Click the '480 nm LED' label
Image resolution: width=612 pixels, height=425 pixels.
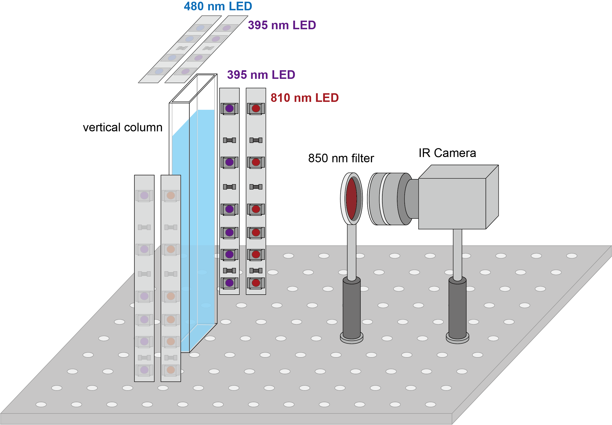(x=218, y=6)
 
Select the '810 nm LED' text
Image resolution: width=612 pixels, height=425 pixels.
(x=305, y=98)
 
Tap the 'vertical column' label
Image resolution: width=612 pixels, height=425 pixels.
(x=123, y=127)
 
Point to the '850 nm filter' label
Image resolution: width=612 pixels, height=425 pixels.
(x=341, y=158)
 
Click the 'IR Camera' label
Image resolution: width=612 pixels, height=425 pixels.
(x=447, y=153)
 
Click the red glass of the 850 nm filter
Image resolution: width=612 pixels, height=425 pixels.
(x=351, y=199)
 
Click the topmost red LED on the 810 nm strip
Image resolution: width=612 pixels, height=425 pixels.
(x=256, y=108)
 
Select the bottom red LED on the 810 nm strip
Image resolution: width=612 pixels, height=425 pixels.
(x=256, y=283)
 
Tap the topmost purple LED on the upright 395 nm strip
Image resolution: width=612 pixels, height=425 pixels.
(x=229, y=108)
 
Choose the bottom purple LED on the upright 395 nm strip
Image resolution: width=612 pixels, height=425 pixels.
(x=229, y=283)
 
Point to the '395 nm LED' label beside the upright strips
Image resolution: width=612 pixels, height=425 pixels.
(x=261, y=75)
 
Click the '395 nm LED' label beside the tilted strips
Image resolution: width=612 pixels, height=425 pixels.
(x=282, y=25)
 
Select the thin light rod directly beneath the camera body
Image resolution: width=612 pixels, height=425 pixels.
(x=457, y=253)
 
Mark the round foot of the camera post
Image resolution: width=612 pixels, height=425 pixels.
(x=457, y=340)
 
